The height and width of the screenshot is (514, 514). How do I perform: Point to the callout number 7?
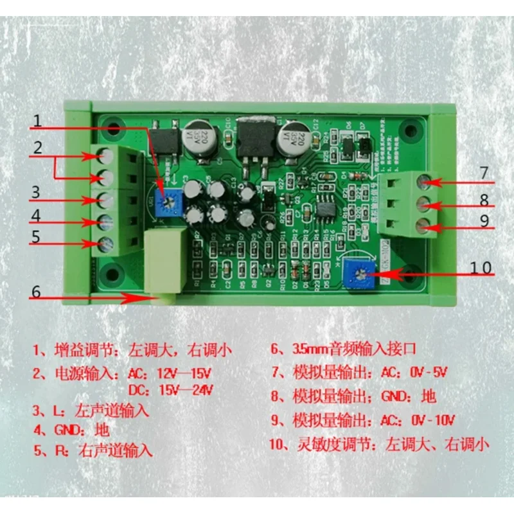pos(484,173)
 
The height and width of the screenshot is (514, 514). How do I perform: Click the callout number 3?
pos(37,191)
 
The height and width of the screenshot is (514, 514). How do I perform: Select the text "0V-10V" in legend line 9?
pos(431,421)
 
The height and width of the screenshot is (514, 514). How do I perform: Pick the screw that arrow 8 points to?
pos(423,204)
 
